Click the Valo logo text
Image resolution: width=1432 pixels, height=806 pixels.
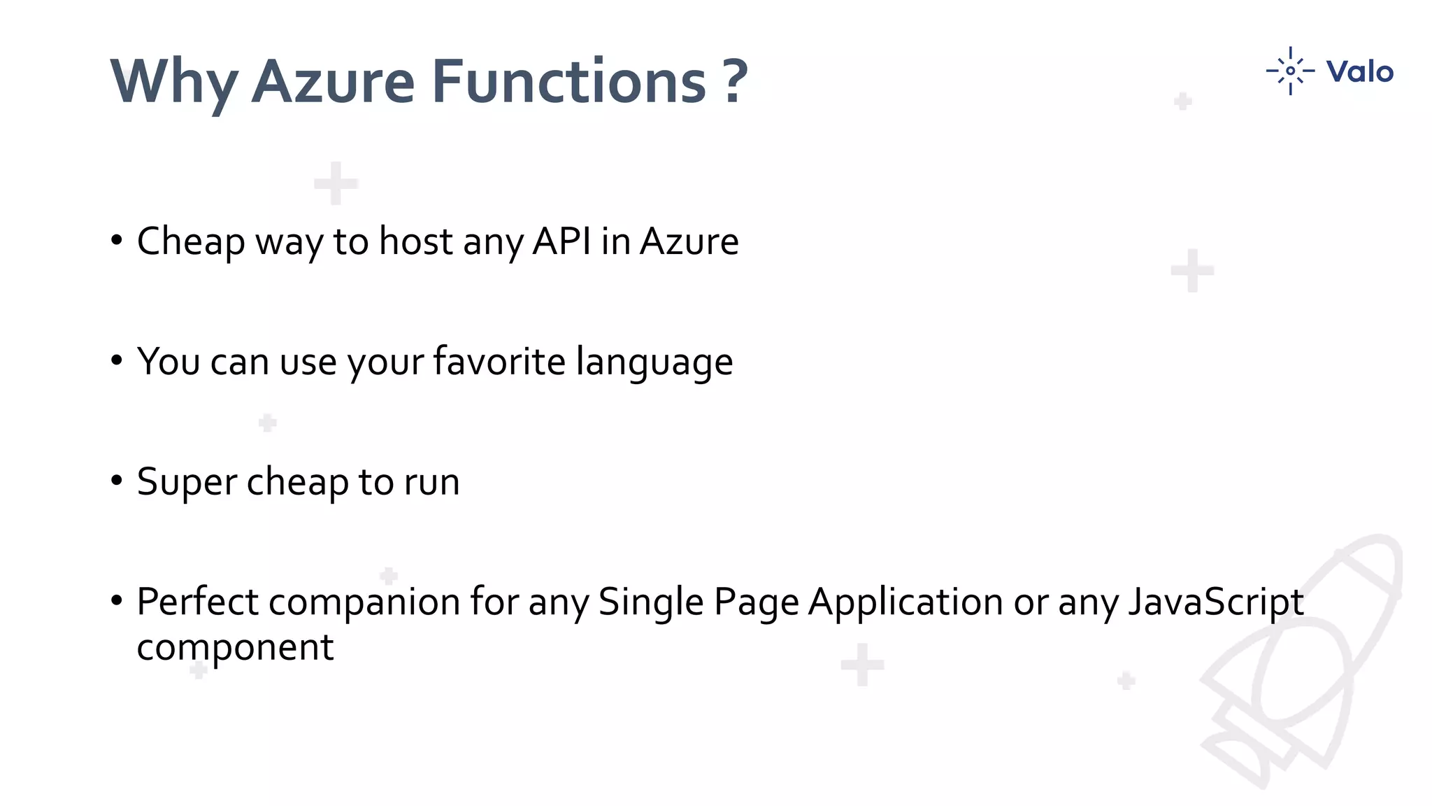coord(1359,71)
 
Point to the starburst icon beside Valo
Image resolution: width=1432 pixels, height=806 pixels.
coord(1290,71)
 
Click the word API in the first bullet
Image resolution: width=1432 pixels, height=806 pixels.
coord(561,241)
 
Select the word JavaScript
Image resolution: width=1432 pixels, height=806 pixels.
coord(1216,602)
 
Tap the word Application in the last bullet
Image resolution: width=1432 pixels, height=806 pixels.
coord(905,602)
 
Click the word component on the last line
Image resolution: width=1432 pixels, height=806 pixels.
coord(235,648)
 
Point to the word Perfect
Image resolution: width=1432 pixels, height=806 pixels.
coord(197,602)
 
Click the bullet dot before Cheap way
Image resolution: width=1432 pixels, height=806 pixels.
coord(117,241)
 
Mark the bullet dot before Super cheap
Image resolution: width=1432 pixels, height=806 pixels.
coord(117,481)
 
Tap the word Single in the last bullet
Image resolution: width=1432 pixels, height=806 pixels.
coord(650,602)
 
